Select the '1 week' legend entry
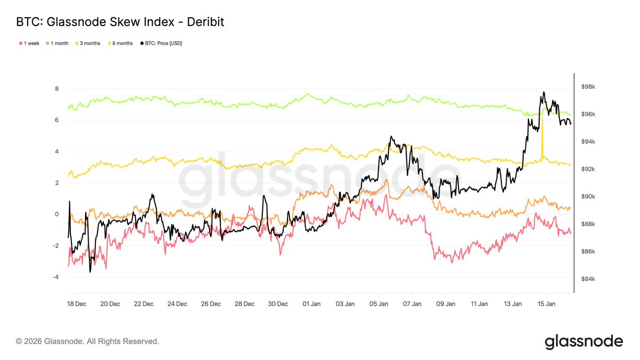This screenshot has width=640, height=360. click(x=29, y=43)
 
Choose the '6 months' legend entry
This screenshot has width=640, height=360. click(x=121, y=43)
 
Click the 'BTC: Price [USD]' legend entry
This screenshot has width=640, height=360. click(x=161, y=43)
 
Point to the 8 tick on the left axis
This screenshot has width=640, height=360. click(x=57, y=89)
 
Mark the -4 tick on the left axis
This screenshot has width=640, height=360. click(x=55, y=277)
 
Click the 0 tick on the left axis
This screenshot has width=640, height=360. click(x=57, y=214)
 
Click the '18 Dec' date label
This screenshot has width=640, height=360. click(x=76, y=304)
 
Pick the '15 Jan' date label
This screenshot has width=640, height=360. click(x=547, y=304)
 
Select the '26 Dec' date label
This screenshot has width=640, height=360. click(x=211, y=304)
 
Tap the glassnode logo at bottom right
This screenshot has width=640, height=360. click(x=583, y=341)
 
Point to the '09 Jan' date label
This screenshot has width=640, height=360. click(x=446, y=304)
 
